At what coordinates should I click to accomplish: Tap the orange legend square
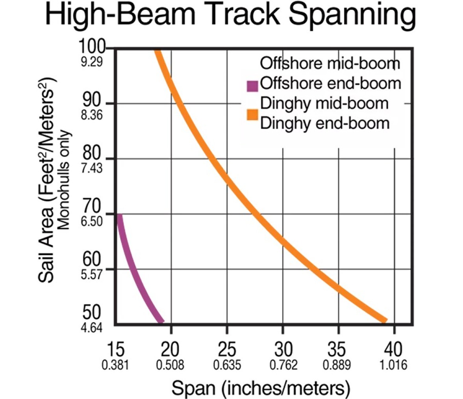[252, 115]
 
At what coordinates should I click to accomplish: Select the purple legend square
[252, 86]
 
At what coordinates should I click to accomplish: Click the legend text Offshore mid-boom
[330, 63]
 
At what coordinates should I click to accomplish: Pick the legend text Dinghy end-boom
[325, 123]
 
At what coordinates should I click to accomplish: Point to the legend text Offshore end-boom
[330, 83]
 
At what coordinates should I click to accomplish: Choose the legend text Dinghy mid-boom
[324, 103]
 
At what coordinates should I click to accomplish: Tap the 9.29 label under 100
[91, 62]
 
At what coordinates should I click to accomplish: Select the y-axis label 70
[92, 206]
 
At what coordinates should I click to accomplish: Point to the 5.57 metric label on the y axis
[91, 275]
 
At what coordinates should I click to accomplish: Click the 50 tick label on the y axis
[92, 312]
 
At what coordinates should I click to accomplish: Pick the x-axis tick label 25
[227, 349]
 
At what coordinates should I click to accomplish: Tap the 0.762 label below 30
[283, 365]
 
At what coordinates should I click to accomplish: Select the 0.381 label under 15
[115, 365]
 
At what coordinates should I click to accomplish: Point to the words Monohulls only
[64, 180]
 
